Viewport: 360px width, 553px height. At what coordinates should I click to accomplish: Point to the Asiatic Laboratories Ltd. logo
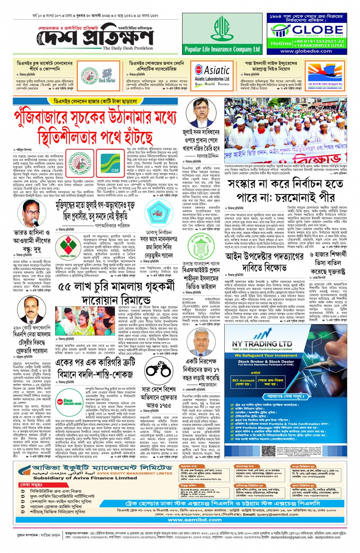[x=212, y=76]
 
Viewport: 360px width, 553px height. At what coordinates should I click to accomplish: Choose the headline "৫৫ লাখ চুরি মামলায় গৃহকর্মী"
[x=116, y=286]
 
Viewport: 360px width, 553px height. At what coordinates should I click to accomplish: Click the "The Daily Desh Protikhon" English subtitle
[x=128, y=48]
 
